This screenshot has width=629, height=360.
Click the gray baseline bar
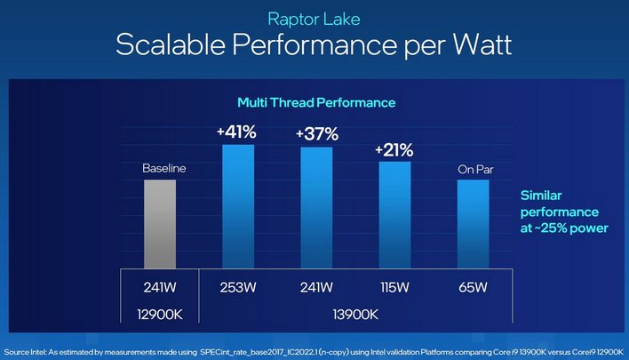pos(160,222)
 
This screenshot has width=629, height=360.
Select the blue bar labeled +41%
pos(238,205)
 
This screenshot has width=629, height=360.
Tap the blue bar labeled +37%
pos(316,207)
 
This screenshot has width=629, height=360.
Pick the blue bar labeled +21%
pos(395,214)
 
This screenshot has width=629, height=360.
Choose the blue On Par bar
pos(473,223)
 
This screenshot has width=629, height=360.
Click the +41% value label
pos(237,132)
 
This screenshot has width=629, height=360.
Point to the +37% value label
pos(317,134)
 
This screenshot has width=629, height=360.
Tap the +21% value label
pos(395,149)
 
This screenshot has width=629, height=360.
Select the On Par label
pos(473,168)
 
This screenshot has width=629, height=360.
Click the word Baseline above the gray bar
pos(160,167)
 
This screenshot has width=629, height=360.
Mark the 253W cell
pos(238,287)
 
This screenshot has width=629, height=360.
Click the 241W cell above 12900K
pos(160,287)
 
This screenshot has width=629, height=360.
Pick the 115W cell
pos(395,287)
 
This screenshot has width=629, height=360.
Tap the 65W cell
pos(473,287)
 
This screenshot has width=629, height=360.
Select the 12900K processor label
pos(160,314)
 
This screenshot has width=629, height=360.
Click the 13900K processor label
pos(355,314)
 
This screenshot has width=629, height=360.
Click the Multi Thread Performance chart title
pos(315,103)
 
